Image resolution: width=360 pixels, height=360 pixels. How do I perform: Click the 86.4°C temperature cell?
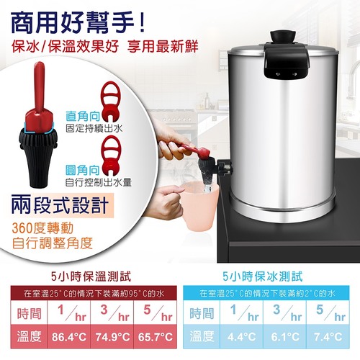69,337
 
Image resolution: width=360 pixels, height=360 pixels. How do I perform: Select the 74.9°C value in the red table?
112,337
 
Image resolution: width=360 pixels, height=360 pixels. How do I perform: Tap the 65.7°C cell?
156,337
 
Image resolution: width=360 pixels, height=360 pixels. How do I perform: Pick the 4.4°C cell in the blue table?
241,337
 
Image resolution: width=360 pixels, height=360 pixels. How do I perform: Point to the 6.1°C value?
284,337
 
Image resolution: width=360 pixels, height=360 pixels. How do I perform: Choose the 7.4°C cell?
328,337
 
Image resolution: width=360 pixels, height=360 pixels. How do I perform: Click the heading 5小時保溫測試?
91,276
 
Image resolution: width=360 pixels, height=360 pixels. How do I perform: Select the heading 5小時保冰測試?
263,276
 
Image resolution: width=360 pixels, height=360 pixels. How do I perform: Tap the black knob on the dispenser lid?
283,37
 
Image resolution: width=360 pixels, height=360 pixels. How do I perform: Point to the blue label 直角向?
83,117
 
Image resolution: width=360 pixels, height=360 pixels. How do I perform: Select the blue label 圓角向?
83,171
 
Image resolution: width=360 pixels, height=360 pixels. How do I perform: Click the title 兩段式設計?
60,205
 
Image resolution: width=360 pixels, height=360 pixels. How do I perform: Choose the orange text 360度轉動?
42,228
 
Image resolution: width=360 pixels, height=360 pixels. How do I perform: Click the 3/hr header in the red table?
112,313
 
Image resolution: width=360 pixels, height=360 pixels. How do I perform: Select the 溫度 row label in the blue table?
202,336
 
